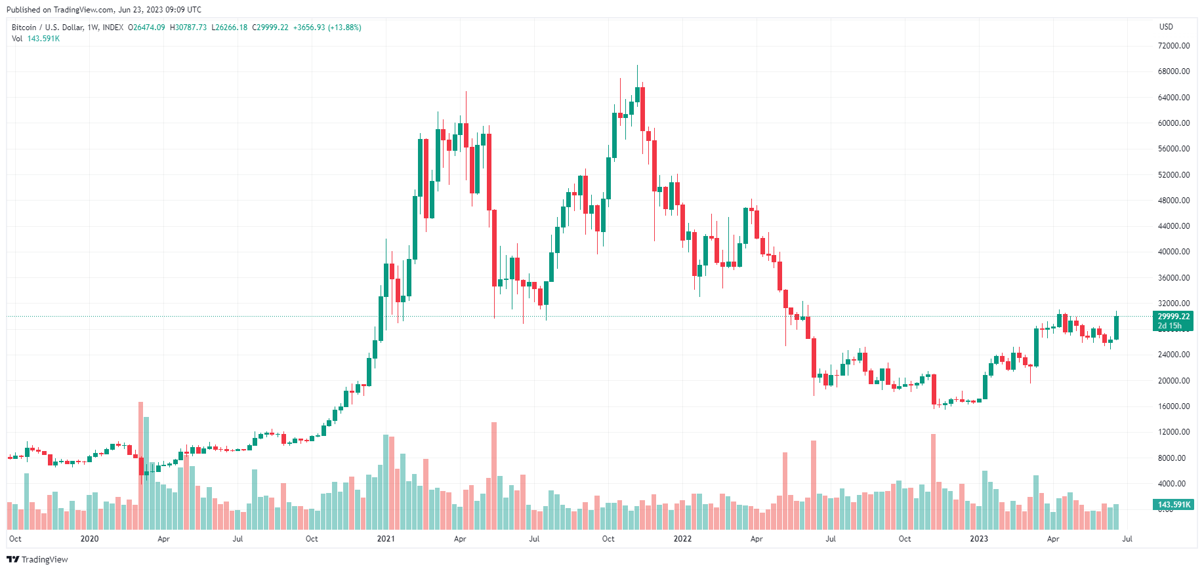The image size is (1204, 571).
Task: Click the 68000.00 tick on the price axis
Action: [x=1173, y=71]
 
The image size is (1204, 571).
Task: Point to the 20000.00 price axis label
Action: [x=1173, y=381]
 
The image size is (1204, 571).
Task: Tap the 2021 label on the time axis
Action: [x=386, y=539]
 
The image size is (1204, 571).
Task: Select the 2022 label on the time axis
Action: [x=682, y=539]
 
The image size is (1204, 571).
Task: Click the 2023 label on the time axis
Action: [x=979, y=539]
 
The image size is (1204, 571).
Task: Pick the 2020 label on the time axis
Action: [x=89, y=539]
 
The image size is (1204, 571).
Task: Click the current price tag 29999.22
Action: [x=1173, y=317]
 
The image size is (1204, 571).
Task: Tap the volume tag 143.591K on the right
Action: [x=1174, y=505]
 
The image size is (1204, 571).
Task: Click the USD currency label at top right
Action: [x=1166, y=27]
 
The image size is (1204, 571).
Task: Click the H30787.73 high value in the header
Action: [x=188, y=28]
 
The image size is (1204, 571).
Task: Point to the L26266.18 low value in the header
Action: [x=229, y=28]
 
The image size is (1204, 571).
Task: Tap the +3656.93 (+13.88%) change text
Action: [x=327, y=28]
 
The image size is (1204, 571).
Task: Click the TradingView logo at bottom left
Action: [x=37, y=559]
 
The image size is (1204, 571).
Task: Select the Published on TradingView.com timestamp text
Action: [x=104, y=10]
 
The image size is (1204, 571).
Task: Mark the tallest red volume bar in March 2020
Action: [x=140, y=465]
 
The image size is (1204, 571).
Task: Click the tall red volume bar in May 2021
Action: [x=494, y=475]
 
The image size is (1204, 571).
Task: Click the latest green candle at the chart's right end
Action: [x=1116, y=328]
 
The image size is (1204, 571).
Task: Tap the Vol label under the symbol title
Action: [x=17, y=39]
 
